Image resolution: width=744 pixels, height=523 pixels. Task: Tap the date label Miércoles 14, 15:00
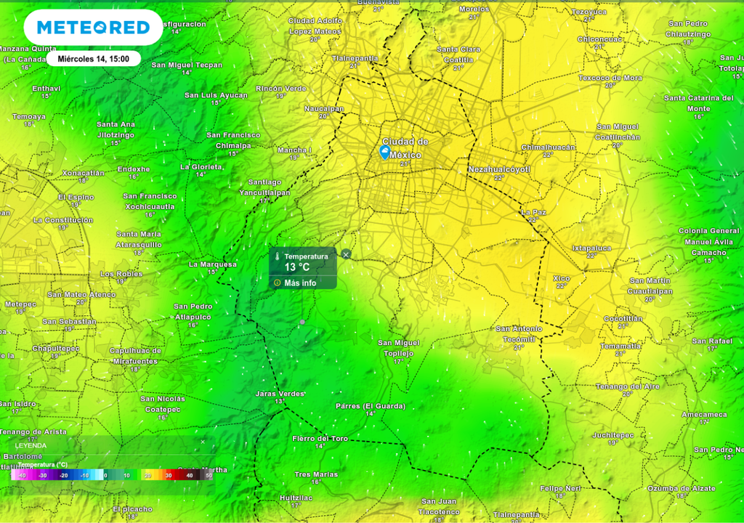(x=93, y=59)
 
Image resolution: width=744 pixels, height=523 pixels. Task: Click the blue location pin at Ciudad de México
(x=384, y=152)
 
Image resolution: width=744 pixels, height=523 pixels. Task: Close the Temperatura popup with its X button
(x=346, y=254)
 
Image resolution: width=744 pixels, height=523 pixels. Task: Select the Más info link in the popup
(x=299, y=283)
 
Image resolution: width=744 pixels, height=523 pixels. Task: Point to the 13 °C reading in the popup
(x=296, y=267)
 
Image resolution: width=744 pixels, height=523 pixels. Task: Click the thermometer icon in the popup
(x=277, y=256)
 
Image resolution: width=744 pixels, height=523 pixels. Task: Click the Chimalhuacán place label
(x=548, y=147)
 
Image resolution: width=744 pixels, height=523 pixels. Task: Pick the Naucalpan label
(x=324, y=108)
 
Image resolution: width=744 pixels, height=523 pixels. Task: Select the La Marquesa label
(x=213, y=264)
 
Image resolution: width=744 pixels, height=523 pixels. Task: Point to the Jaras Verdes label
(x=280, y=394)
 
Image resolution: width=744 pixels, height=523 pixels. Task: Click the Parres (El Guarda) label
(x=370, y=406)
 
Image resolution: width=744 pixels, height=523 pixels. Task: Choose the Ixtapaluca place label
(x=591, y=248)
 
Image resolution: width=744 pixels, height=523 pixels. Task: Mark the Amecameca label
(x=704, y=415)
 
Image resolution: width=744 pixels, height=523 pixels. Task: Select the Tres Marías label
(x=316, y=474)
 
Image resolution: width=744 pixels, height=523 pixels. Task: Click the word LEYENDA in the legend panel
(x=31, y=446)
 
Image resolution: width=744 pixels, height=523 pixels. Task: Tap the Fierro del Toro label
(x=320, y=439)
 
